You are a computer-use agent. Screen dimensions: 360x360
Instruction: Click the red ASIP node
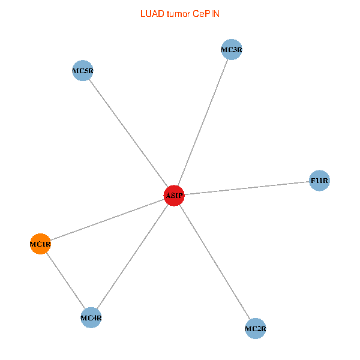click(x=174, y=196)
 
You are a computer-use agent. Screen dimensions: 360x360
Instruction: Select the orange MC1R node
click(x=40, y=244)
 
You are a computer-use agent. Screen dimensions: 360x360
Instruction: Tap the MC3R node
click(x=232, y=50)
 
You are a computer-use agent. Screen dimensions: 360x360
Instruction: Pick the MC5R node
click(x=82, y=71)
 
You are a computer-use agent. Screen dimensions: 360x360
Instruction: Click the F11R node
click(x=319, y=181)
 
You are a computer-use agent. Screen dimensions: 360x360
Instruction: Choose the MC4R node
click(x=91, y=317)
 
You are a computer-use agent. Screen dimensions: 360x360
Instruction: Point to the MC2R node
click(x=256, y=328)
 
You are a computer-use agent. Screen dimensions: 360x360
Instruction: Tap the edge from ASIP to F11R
click(x=247, y=188)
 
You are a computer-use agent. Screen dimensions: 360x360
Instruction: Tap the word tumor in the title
click(x=178, y=13)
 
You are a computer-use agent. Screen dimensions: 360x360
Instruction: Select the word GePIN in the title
click(x=206, y=13)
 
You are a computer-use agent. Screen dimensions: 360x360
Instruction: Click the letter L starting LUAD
click(x=143, y=13)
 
